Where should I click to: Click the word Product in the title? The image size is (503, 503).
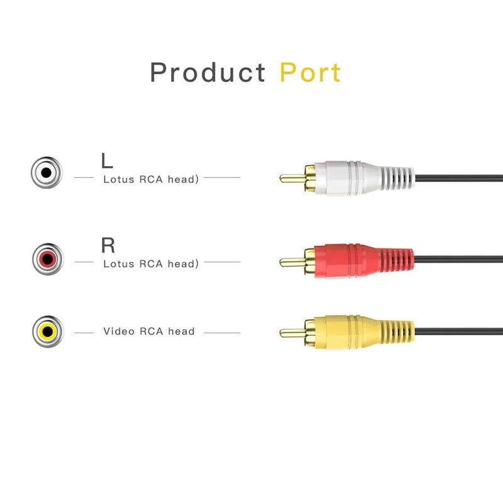click(x=207, y=73)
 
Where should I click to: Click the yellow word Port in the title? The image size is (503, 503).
click(x=310, y=73)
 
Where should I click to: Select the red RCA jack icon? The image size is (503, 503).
click(x=47, y=258)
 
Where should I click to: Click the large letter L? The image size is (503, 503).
click(x=108, y=160)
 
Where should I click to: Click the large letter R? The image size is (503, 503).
click(x=108, y=245)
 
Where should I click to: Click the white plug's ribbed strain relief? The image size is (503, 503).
click(x=398, y=177)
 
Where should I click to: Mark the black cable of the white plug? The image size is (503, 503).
click(x=459, y=179)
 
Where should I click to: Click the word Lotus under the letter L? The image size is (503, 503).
click(x=118, y=179)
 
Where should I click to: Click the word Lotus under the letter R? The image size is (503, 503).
click(x=118, y=264)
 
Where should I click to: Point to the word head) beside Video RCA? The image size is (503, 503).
click(x=182, y=331)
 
